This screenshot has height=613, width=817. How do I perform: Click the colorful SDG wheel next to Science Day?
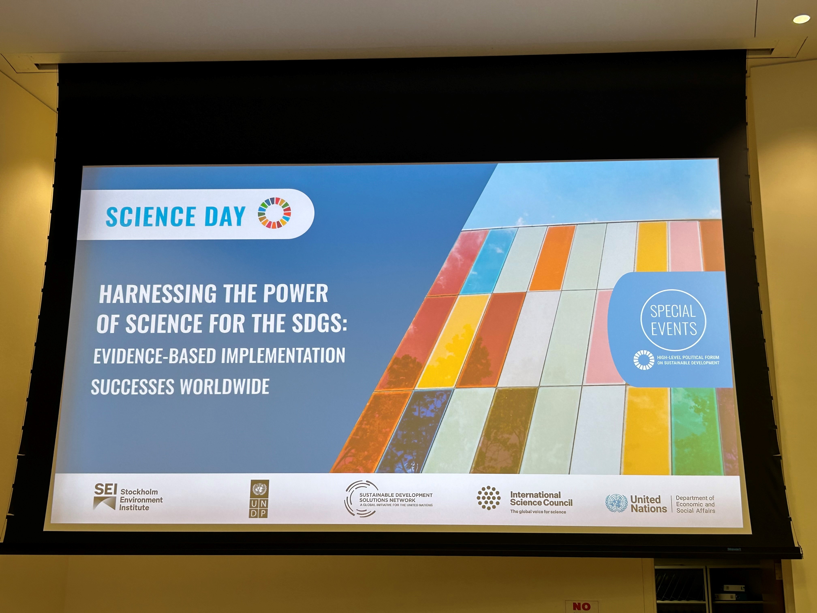[x=274, y=213]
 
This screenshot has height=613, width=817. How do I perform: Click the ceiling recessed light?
[x=801, y=19]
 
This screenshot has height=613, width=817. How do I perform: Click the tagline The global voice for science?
[x=538, y=512]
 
